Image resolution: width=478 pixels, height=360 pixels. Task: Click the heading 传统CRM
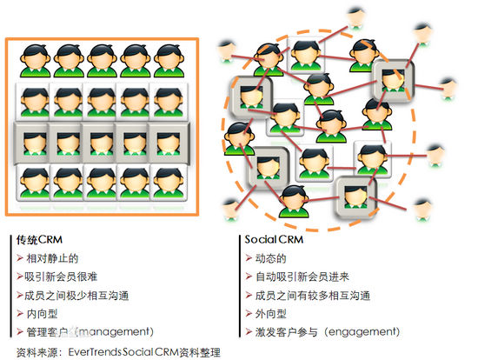pos(40,240)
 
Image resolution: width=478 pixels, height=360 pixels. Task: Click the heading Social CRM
pos(274,239)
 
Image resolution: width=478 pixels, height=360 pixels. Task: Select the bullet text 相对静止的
pos(52,258)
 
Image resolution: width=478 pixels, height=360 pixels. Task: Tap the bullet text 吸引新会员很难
pos(61,277)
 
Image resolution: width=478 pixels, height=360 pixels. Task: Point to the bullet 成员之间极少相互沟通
pos(76,296)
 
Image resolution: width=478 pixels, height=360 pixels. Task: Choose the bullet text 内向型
pos(42,314)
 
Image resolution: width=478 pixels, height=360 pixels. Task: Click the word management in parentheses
pos(115,331)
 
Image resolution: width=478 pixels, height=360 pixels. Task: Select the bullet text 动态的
pos(270,258)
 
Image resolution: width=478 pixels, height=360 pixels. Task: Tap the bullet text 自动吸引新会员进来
pos(302,277)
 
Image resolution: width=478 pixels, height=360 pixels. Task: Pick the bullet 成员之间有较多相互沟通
pos(313,296)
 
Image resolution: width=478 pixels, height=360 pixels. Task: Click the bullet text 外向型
pos(270,314)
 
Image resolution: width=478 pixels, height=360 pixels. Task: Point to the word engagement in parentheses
pos(362,331)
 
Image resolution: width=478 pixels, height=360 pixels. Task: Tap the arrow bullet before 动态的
pos(249,258)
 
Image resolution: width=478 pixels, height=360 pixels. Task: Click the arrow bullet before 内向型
pos(20,314)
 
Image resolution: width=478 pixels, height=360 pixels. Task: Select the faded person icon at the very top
pos(355,18)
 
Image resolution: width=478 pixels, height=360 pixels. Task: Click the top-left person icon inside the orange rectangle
pos(35,61)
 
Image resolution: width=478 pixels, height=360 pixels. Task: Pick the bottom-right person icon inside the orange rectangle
pos(169,183)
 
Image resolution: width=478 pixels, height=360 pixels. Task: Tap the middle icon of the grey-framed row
pos(102,143)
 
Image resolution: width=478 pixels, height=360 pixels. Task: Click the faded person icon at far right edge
pos(448,90)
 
